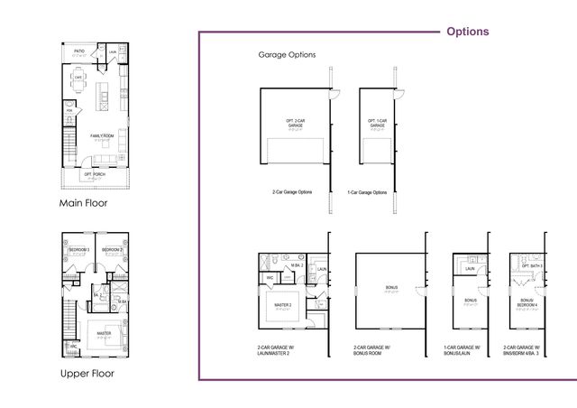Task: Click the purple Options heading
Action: (468, 32)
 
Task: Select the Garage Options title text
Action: (287, 55)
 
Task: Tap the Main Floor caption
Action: (83, 203)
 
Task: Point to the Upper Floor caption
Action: (87, 373)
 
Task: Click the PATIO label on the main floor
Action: (79, 51)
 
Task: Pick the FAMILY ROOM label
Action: (101, 136)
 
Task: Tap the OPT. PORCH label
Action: (94, 173)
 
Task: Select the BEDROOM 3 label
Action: (78, 249)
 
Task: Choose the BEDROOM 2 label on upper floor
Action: (112, 249)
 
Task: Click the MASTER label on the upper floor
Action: (104, 333)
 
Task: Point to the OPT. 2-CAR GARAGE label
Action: (296, 122)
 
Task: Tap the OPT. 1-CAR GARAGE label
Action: (377, 122)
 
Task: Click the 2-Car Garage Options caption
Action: (293, 192)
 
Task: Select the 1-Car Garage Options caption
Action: (367, 192)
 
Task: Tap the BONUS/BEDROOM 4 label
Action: (526, 301)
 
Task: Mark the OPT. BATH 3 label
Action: (531, 266)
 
